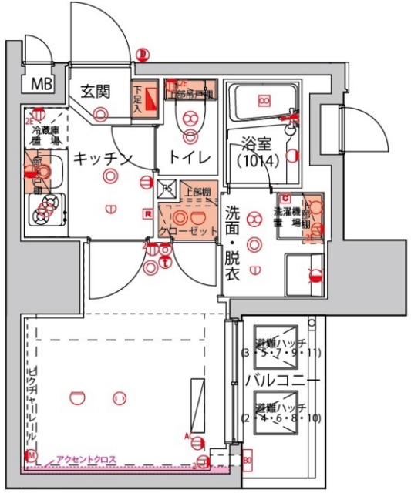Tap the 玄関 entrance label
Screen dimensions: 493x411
click(x=98, y=91)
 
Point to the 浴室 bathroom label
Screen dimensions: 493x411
click(x=252, y=143)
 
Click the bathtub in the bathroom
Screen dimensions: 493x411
click(x=264, y=101)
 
